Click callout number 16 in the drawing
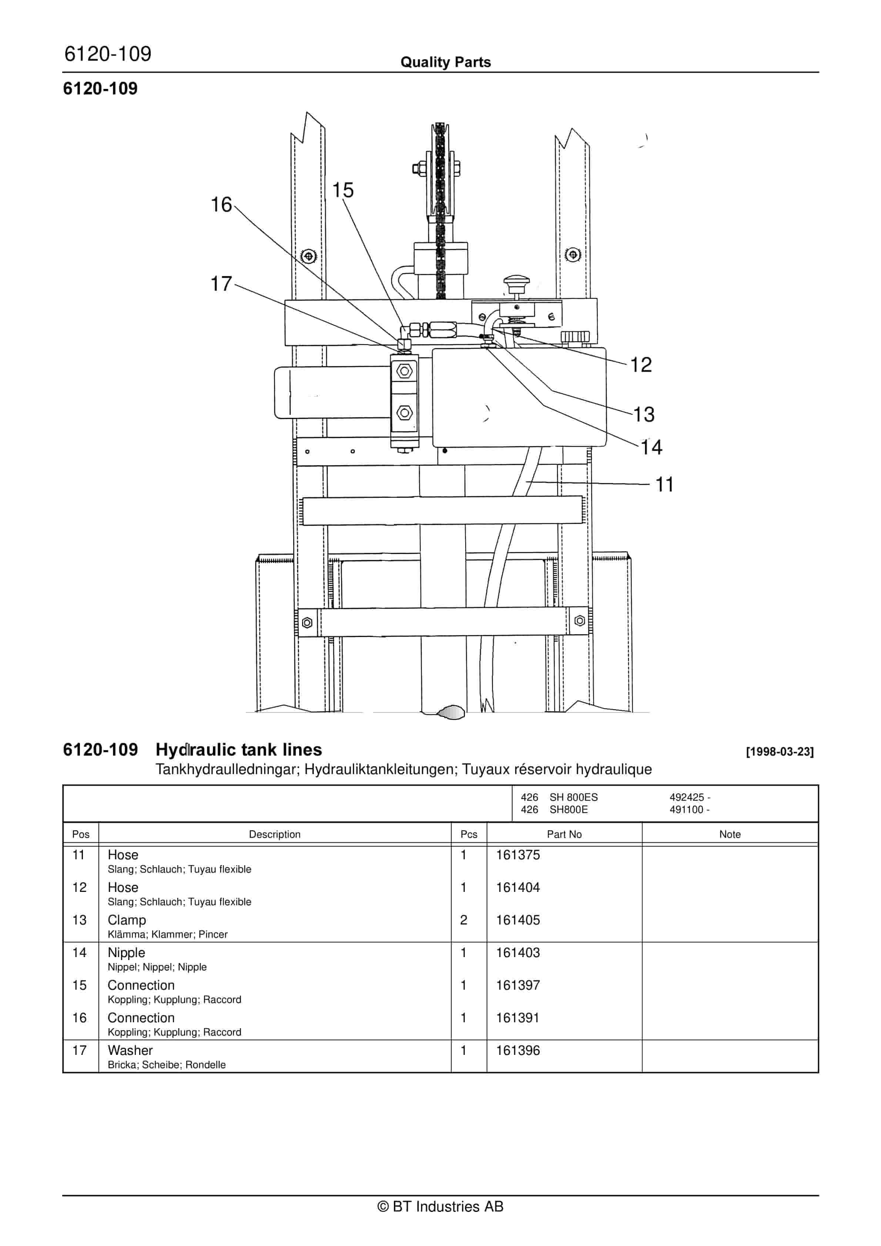click(x=221, y=205)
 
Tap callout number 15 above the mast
click(x=342, y=190)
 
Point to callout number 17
click(x=221, y=284)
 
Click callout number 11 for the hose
click(x=664, y=484)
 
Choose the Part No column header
click(x=564, y=834)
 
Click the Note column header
click(x=729, y=834)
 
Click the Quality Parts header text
click(x=445, y=62)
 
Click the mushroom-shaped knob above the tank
click(x=516, y=283)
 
